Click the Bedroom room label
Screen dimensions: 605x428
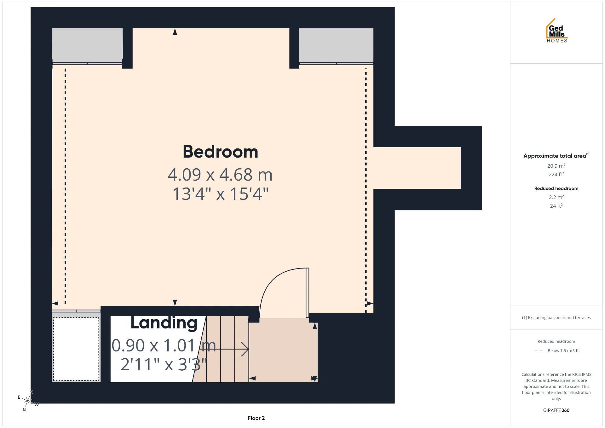(220, 152)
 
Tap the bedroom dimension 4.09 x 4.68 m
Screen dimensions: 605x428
(220, 175)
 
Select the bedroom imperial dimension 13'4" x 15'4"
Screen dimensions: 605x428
(220, 194)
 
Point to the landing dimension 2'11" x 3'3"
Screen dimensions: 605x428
(164, 364)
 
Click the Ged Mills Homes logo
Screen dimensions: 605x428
(556, 31)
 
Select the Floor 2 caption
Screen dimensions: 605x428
(256, 418)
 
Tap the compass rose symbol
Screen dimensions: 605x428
(28, 401)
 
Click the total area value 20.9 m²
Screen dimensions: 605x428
(556, 166)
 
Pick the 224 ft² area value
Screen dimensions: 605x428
(556, 174)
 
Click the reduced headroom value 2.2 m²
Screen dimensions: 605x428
(556, 197)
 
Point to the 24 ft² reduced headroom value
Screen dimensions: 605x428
(556, 206)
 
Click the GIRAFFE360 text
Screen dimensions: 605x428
(556, 410)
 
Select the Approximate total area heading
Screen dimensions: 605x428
(556, 156)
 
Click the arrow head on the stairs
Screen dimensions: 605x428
(245, 349)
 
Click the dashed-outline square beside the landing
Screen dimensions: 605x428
(76, 349)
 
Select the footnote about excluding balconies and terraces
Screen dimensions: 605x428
(556, 318)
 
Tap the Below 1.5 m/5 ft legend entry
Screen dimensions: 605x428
(563, 350)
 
